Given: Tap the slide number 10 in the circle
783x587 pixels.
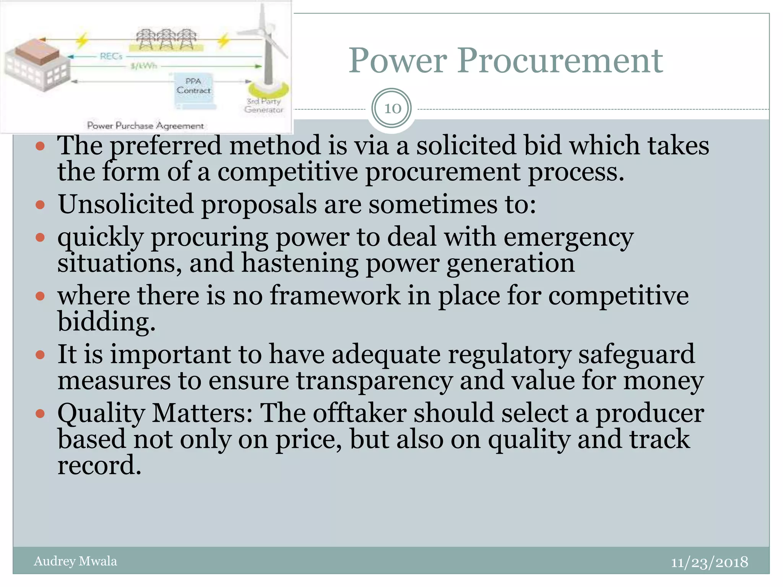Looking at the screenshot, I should pyautogui.click(x=392, y=109).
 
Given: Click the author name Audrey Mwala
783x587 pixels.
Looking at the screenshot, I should pyautogui.click(x=75, y=561).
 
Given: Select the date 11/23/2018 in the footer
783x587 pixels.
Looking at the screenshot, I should pyautogui.click(x=709, y=562).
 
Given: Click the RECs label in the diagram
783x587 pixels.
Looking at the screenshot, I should pyautogui.click(x=111, y=57).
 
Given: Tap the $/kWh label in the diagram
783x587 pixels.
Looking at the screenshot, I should pyautogui.click(x=143, y=66).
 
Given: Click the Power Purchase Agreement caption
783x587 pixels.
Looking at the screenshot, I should pyautogui.click(x=145, y=125).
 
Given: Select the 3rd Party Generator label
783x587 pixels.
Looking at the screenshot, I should pyautogui.click(x=264, y=105).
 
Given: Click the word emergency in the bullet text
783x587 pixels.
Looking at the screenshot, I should pyautogui.click(x=569, y=238).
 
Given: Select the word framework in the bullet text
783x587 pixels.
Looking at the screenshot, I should pyautogui.click(x=335, y=296).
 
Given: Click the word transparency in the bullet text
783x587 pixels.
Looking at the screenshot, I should pyautogui.click(x=374, y=381).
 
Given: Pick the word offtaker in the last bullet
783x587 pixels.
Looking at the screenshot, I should pyautogui.click(x=360, y=413).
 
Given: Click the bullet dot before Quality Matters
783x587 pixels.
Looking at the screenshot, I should pyautogui.click(x=40, y=413).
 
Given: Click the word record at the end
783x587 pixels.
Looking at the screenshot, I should pyautogui.click(x=99, y=465).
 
